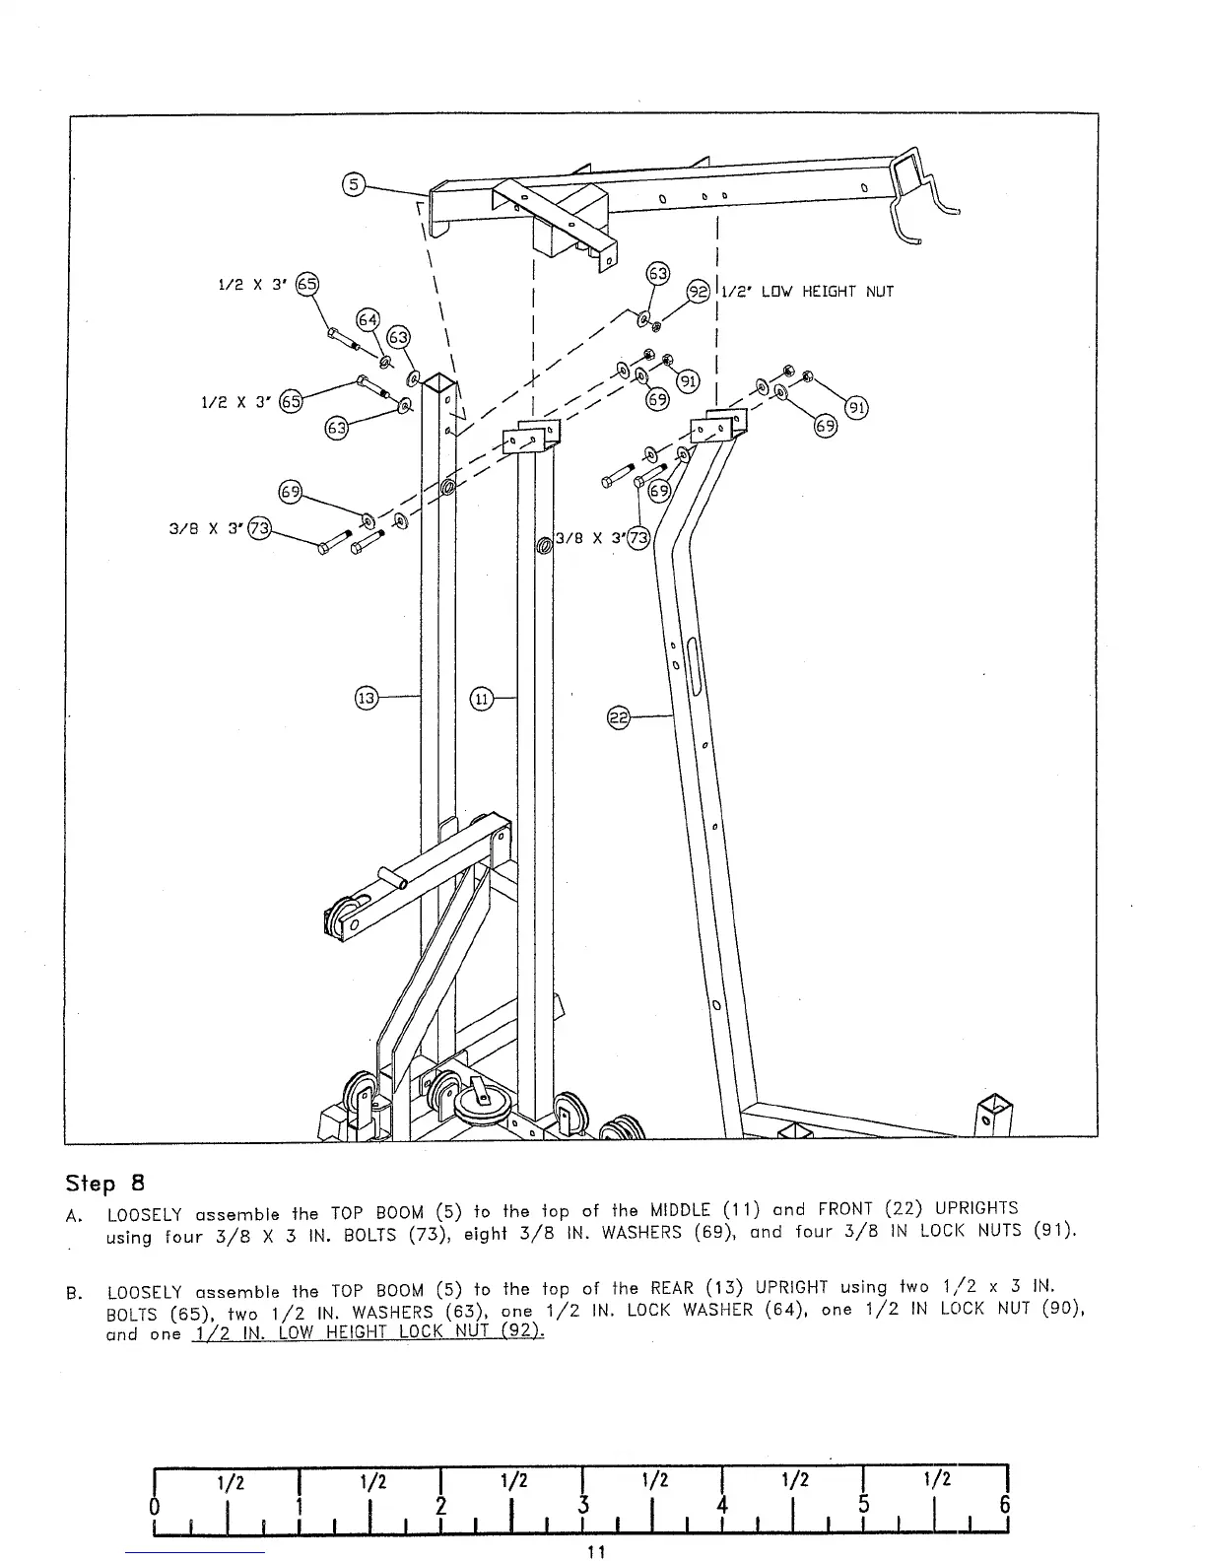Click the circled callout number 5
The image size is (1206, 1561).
click(353, 184)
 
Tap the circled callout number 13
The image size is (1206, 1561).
click(366, 699)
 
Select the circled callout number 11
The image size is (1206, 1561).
click(481, 699)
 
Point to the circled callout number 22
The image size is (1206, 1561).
click(618, 718)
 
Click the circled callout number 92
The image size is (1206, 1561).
click(698, 291)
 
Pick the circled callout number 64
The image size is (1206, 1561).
click(368, 319)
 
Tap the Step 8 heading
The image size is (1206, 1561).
click(105, 1182)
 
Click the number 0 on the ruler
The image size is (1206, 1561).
click(155, 1506)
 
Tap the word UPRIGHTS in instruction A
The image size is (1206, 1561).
click(975, 1207)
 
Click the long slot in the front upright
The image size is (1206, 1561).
click(695, 667)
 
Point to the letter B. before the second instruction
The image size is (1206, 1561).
click(73, 1292)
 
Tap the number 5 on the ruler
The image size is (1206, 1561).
click(863, 1506)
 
